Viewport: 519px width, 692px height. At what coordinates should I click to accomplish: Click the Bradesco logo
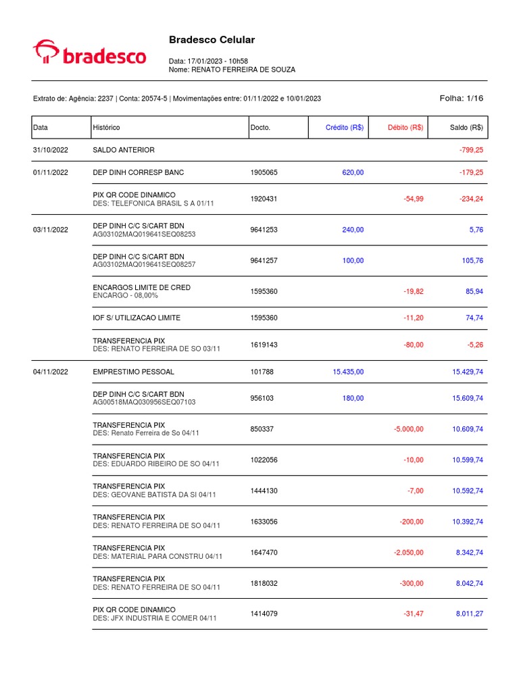point(89,53)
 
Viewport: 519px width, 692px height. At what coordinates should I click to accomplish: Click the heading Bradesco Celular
point(212,40)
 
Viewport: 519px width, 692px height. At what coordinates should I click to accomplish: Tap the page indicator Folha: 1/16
point(462,98)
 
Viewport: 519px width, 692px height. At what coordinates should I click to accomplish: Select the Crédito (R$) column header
point(344,127)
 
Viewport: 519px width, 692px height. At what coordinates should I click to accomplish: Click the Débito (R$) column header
point(405,127)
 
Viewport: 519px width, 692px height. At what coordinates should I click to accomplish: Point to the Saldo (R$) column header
point(466,127)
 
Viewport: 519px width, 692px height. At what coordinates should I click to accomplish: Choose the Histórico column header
point(106,127)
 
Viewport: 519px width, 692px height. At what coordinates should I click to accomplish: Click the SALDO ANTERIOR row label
point(124,149)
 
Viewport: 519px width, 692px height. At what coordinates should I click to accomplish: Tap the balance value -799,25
point(470,149)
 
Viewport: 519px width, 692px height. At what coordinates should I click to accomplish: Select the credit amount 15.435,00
point(348,372)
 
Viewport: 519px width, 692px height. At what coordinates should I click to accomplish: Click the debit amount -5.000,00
point(408,429)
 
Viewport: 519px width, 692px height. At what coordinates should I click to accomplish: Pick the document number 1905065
point(264,172)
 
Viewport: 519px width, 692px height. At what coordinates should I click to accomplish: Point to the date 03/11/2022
point(51,230)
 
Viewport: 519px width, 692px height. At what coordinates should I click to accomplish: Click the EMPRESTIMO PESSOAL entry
point(133,372)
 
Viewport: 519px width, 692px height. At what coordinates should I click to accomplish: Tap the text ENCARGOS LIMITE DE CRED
point(141,287)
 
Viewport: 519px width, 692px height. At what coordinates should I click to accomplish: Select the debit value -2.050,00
point(408,552)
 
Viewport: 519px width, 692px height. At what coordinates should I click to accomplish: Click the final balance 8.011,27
point(469,614)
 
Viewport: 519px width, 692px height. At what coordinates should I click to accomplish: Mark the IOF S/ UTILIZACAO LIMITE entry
point(137,318)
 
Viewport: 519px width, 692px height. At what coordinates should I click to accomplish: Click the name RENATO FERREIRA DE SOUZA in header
point(243,70)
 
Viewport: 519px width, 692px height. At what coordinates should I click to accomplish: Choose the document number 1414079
point(264,614)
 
